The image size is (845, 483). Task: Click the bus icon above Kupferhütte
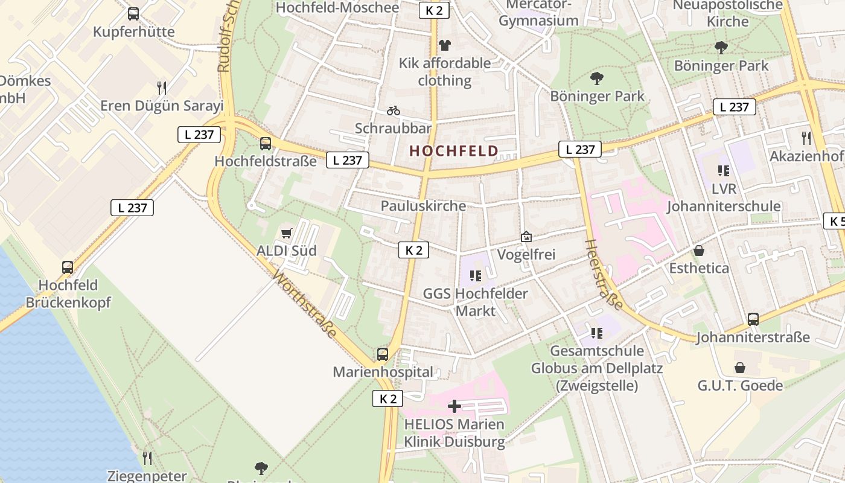point(133,13)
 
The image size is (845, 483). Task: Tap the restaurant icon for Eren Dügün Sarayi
point(161,88)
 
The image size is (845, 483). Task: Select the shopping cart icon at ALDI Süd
point(287,233)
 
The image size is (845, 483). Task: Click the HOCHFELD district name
point(454,151)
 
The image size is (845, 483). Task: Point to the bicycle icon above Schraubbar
point(394,110)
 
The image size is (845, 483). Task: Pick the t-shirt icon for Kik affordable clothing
point(445,45)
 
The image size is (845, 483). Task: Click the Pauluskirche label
point(423,206)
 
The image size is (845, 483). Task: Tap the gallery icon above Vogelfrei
point(526,237)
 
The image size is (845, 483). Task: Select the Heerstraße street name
point(604,274)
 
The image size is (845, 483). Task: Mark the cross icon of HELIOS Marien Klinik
point(454,406)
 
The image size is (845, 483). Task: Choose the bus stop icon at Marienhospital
point(383,354)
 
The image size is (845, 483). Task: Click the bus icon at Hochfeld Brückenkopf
point(68,267)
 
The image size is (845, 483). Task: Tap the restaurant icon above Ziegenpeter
point(147,458)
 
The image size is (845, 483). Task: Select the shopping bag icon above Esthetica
point(699,250)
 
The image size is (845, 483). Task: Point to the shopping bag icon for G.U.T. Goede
point(740,368)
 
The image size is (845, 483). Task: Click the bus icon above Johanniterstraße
point(753,319)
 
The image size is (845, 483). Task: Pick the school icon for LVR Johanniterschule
point(723,171)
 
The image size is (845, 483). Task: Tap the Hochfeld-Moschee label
point(337,8)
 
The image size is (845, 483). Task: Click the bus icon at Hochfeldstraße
point(266,144)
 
